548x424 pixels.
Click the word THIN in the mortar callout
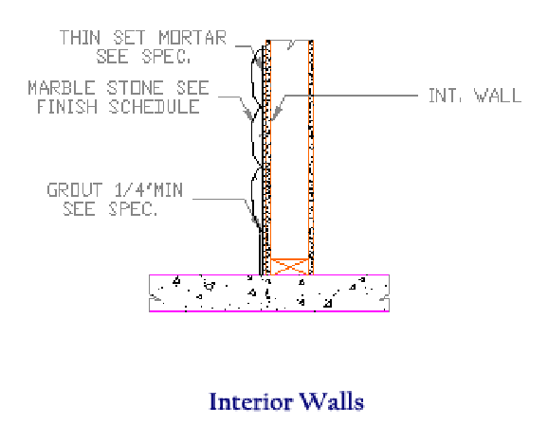(x=80, y=38)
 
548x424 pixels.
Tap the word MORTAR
(x=192, y=38)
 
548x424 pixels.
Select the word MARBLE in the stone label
(x=62, y=88)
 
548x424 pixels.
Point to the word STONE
(x=135, y=88)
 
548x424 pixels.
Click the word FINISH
(x=67, y=106)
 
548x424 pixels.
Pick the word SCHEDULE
(x=155, y=106)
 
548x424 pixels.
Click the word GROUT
(x=75, y=190)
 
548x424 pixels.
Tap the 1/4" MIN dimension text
(x=149, y=190)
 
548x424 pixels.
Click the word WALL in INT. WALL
(x=498, y=96)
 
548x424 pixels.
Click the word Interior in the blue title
(x=250, y=401)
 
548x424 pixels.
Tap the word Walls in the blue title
(x=332, y=401)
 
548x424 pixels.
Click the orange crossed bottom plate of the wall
(x=290, y=267)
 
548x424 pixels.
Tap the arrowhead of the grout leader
(x=256, y=223)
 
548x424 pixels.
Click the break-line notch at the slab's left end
(x=155, y=299)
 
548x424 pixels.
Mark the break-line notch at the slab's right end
(x=384, y=299)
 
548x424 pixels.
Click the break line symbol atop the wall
(x=291, y=44)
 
